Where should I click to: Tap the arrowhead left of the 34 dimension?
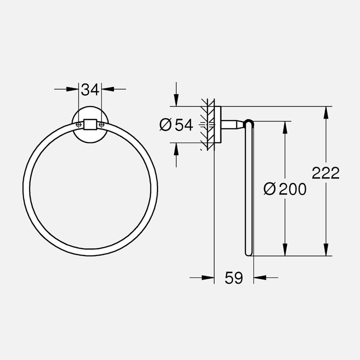(x=75, y=89)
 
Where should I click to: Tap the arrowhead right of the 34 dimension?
(x=106, y=89)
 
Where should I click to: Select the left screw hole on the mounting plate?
(x=78, y=124)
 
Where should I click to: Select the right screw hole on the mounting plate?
(x=102, y=124)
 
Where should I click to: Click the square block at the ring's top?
(x=90, y=124)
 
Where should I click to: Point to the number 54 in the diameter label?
(x=183, y=125)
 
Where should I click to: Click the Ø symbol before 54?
(x=166, y=125)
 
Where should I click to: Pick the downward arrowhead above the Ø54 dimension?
(x=175, y=100)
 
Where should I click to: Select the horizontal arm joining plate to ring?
(x=232, y=124)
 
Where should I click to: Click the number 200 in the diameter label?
(x=292, y=188)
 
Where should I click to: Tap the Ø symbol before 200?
(x=269, y=188)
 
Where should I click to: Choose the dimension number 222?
(x=325, y=173)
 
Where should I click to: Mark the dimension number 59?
(x=233, y=277)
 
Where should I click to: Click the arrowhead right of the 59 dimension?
(x=259, y=277)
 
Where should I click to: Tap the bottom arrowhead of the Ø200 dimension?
(x=285, y=249)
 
